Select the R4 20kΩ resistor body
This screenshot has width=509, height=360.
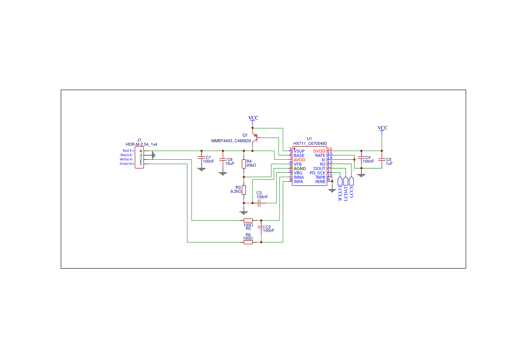[x=244, y=164]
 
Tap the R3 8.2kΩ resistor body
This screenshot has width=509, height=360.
[x=244, y=190]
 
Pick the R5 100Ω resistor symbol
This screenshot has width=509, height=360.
[x=248, y=220]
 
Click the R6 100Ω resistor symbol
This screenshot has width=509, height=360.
[x=248, y=242]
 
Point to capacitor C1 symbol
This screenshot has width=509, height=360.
[x=201, y=158]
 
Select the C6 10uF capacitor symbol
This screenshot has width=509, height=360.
[x=222, y=159]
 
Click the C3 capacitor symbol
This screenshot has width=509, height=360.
[x=259, y=203]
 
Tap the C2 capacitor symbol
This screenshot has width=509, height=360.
[x=261, y=228]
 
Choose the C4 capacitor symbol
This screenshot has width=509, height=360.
[x=361, y=157]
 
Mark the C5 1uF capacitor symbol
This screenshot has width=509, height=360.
[x=382, y=159]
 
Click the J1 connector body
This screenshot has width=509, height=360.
[x=139, y=157]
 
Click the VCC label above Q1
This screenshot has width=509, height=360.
[x=253, y=118]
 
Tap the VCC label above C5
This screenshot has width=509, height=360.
[x=382, y=128]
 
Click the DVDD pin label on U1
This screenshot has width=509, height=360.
[x=319, y=151]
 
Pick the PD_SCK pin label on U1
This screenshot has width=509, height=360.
[x=317, y=173]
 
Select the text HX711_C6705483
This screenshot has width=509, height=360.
[x=310, y=144]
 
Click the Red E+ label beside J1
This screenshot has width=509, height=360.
[x=128, y=151]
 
